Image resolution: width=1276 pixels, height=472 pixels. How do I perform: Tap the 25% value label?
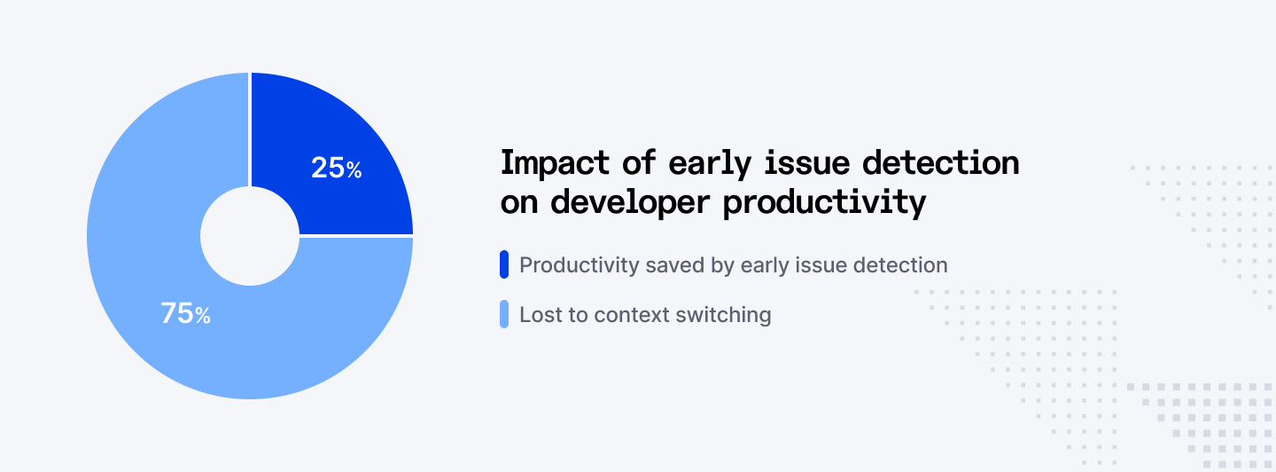pyautogui.click(x=336, y=168)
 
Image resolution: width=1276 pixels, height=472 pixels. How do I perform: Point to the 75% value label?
pyautogui.click(x=185, y=313)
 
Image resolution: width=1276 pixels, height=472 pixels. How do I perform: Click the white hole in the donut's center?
pyautogui.click(x=250, y=236)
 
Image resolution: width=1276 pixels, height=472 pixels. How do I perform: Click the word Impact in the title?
pyautogui.click(x=556, y=163)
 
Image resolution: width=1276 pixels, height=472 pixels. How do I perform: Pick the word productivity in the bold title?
pyautogui.click(x=824, y=202)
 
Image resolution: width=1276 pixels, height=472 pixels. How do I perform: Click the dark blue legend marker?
pyautogui.click(x=504, y=264)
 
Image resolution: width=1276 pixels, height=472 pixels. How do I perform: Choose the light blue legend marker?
pyautogui.click(x=504, y=314)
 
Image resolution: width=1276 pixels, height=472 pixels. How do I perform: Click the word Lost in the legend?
pyautogui.click(x=539, y=315)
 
